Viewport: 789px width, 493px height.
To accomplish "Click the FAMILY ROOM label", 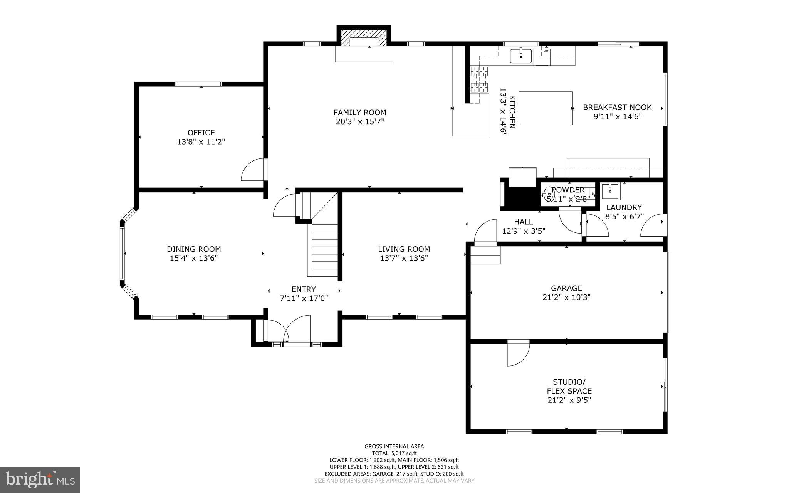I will pyautogui.click(x=359, y=113).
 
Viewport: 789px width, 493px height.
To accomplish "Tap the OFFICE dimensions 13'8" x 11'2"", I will pyautogui.click(x=201, y=142).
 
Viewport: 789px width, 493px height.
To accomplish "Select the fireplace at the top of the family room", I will pyautogui.click(x=364, y=38).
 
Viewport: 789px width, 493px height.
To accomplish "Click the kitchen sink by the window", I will pyautogui.click(x=521, y=56).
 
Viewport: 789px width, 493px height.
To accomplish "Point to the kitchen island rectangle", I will pyautogui.click(x=546, y=108).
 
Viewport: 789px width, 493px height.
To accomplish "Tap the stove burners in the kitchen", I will pyautogui.click(x=479, y=79).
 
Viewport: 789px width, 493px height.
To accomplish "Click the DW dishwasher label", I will pyautogui.click(x=546, y=51).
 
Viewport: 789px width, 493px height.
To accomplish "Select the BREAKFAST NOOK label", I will pyautogui.click(x=617, y=108).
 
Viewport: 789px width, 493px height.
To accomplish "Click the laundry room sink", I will pyautogui.click(x=610, y=191).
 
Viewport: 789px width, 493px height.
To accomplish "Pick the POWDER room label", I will pyautogui.click(x=568, y=190).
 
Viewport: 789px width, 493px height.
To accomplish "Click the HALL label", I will pyautogui.click(x=523, y=222).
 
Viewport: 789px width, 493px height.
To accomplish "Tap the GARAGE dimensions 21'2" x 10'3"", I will pyautogui.click(x=566, y=298).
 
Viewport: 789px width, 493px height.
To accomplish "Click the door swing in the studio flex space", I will pyautogui.click(x=517, y=354).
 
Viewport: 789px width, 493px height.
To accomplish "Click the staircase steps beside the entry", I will pyautogui.click(x=324, y=251).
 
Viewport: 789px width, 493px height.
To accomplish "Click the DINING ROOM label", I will pyautogui.click(x=194, y=249).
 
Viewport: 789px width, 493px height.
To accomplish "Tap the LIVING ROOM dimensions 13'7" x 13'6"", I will pyautogui.click(x=404, y=258).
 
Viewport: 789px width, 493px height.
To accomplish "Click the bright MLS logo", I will pyautogui.click(x=40, y=480).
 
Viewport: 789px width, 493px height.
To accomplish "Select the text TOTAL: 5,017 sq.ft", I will pyautogui.click(x=394, y=453).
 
